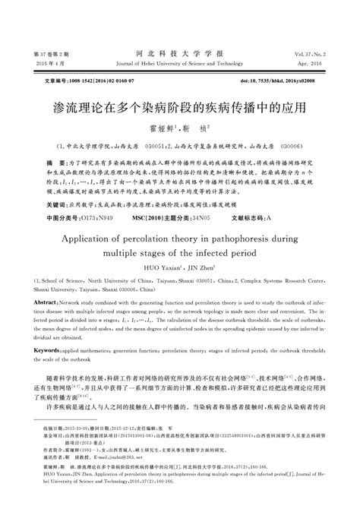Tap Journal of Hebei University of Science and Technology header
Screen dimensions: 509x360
[x=179, y=65]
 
